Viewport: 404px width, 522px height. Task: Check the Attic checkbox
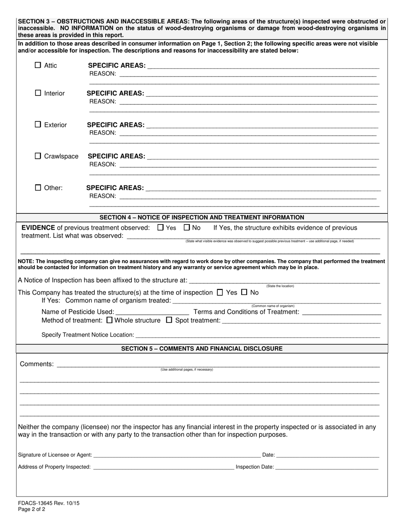[38, 65]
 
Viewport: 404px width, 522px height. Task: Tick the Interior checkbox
[38, 93]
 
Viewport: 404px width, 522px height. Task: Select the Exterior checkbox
[38, 124]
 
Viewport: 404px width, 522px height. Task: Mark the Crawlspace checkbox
[38, 156]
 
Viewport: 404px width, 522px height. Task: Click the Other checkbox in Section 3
[38, 188]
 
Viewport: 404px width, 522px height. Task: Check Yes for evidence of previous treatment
[160, 227]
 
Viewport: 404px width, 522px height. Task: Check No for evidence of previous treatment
[187, 227]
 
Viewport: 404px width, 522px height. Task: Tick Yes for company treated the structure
[220, 292]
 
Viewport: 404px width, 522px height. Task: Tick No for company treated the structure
[244, 292]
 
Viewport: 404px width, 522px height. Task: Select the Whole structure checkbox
[109, 320]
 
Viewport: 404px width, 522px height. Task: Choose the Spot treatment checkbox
[169, 320]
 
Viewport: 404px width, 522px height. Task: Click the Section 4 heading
[202, 217]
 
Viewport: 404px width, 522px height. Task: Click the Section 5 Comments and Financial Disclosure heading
[202, 348]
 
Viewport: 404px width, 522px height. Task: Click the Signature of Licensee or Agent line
[176, 455]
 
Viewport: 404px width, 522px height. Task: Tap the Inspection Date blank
[327, 467]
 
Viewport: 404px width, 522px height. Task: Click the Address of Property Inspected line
[163, 467]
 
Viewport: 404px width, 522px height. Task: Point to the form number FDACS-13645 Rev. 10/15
[48, 503]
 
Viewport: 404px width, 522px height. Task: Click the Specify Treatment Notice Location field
[257, 335]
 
